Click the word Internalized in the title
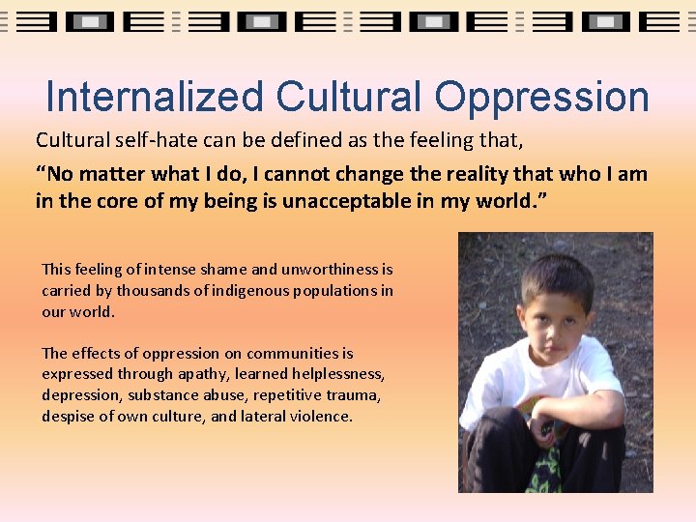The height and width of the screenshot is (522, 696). [154, 98]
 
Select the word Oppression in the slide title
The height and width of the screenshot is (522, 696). [541, 98]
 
